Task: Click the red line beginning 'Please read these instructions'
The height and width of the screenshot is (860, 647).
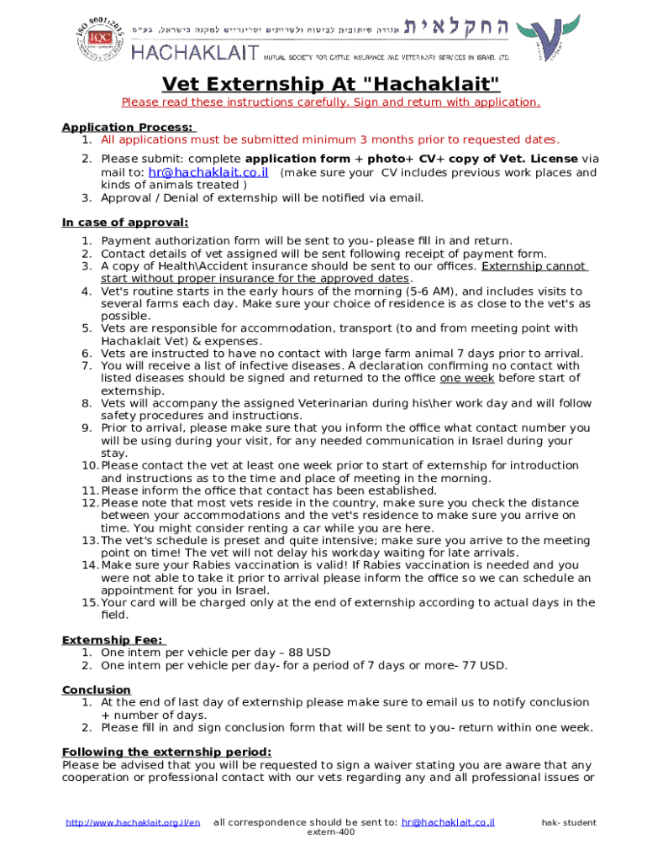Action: (331, 102)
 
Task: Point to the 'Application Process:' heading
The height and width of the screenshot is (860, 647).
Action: (129, 127)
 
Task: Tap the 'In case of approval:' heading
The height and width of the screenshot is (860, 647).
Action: (125, 223)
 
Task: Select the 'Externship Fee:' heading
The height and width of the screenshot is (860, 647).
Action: (113, 640)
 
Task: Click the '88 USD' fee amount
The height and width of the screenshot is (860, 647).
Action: (309, 653)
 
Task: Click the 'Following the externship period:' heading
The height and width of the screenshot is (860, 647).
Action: (166, 752)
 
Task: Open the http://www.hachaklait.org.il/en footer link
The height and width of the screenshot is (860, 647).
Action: (133, 822)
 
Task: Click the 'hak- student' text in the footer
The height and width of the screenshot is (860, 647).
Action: (568, 822)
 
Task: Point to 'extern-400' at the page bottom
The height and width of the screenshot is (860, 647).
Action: (331, 831)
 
